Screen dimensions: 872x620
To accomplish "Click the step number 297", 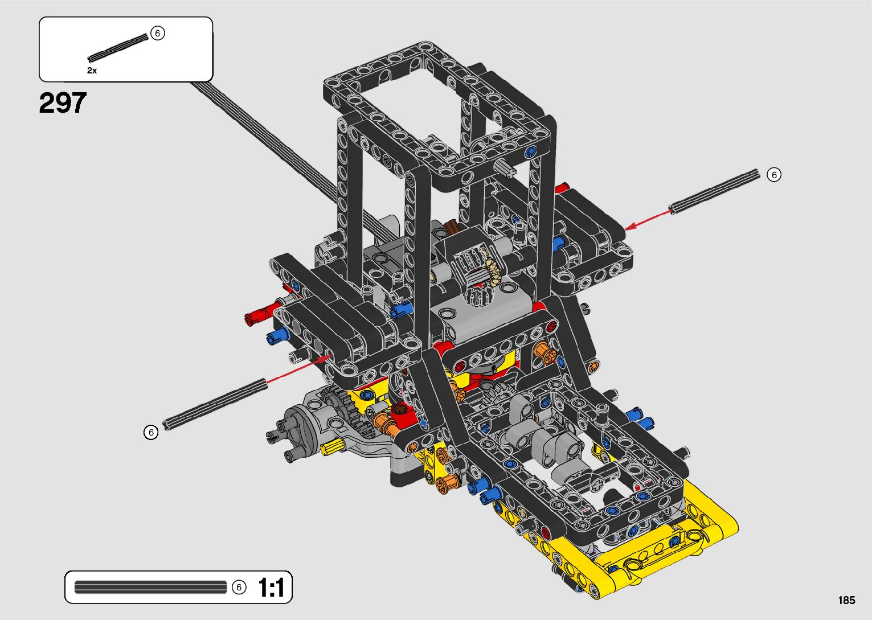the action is point(63,103).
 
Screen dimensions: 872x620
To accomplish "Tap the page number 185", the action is point(847,600).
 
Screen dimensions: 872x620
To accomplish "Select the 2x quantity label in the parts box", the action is point(92,71).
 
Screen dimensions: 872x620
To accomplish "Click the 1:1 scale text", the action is point(271,588).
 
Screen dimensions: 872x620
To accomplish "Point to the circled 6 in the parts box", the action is point(157,33).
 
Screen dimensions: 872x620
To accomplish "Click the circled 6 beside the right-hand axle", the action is point(774,175).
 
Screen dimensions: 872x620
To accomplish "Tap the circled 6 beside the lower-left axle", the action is point(151,432).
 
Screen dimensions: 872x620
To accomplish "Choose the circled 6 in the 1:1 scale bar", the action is point(239,588).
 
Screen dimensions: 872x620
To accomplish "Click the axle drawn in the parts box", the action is point(118,48).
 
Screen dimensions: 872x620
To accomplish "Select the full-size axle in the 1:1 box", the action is point(150,588).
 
